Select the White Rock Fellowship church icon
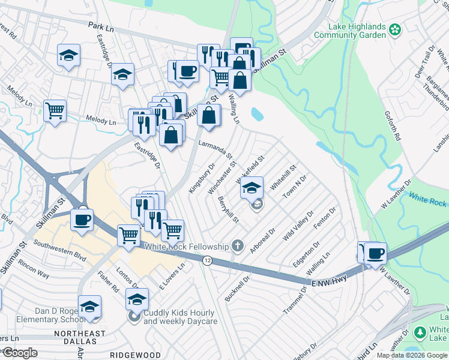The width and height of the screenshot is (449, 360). [238, 246]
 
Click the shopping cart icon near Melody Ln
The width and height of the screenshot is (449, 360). [55, 110]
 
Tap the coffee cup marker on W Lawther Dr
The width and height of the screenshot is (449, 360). [375, 253]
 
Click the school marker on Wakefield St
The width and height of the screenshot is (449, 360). [252, 187]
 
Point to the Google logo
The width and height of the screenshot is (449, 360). [20, 352]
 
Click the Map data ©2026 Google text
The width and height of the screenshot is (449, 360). [412, 355]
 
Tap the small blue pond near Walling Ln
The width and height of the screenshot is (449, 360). [256, 113]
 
